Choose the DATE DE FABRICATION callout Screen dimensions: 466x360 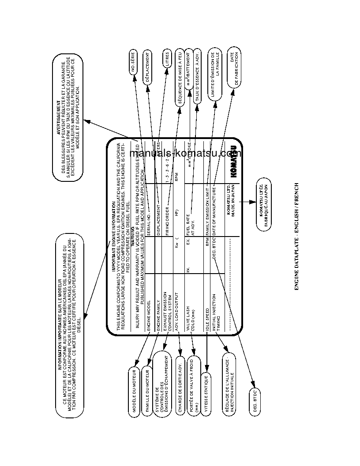coord(234,68)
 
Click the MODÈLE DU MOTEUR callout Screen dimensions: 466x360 coord(134,390)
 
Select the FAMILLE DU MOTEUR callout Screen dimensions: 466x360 coord(147,390)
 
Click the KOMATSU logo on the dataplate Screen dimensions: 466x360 coord(234,162)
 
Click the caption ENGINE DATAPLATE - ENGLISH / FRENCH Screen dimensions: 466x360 coord(296,237)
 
